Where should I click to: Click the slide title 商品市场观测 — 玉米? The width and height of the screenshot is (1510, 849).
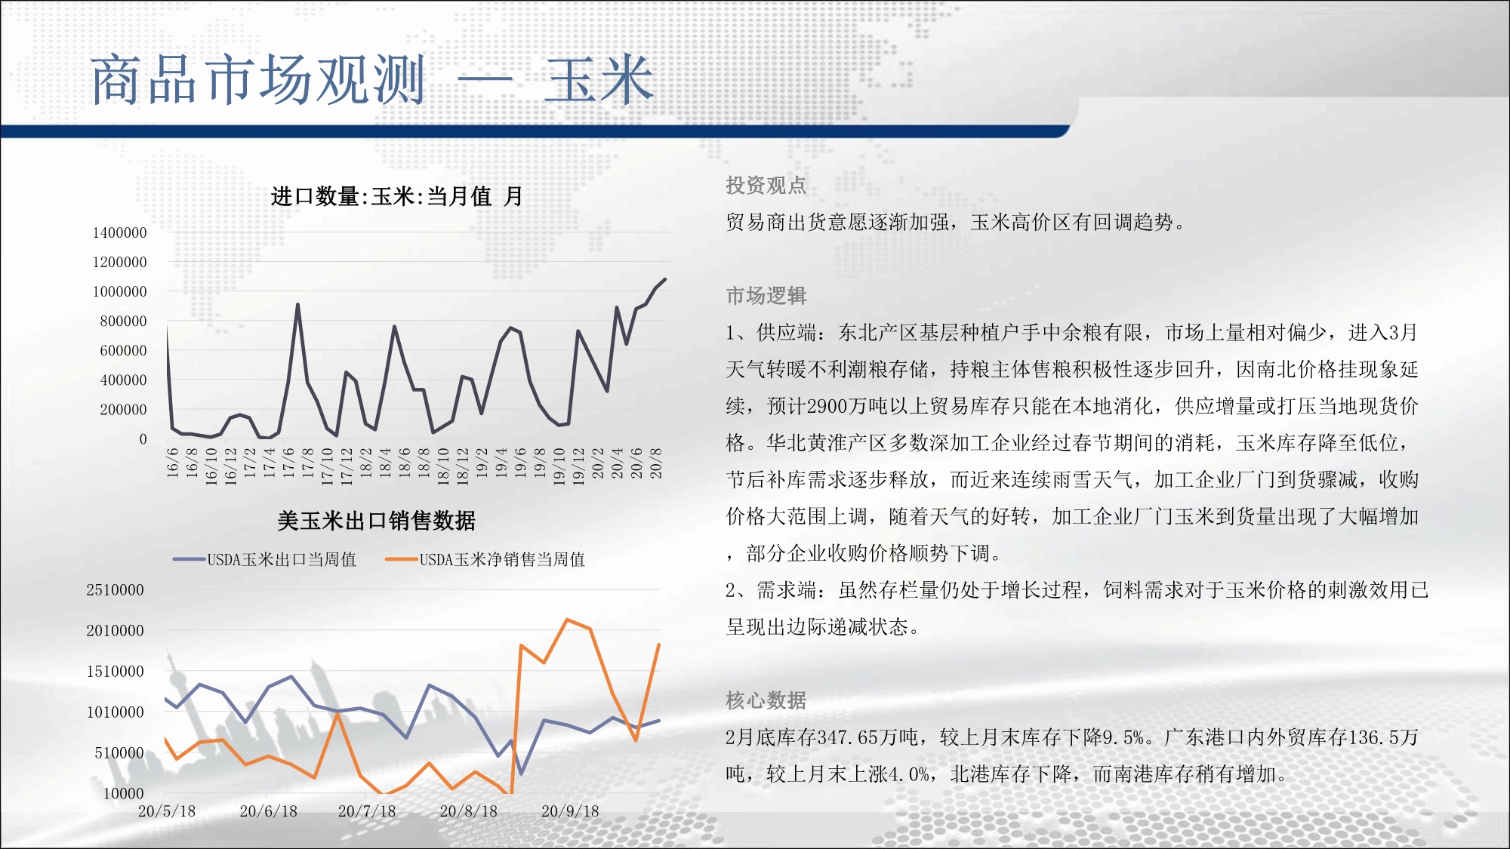point(371,79)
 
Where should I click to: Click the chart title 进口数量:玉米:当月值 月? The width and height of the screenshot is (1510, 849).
point(396,196)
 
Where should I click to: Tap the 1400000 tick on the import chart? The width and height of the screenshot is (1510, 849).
point(119,232)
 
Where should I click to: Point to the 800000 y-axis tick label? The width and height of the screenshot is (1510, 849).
point(123,321)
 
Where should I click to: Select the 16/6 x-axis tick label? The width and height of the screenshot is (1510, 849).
point(172,462)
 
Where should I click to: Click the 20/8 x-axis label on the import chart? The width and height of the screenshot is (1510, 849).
point(656,462)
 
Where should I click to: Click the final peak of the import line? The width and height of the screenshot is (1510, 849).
point(665,279)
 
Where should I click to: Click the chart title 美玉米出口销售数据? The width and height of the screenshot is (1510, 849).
point(376,520)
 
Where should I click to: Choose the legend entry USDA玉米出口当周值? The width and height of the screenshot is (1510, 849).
point(264,559)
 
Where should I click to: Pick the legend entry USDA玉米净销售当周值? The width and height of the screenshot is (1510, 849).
point(485,559)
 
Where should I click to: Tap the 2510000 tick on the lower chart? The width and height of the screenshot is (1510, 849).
point(115,589)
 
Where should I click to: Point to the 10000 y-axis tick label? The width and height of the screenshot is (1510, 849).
point(123,793)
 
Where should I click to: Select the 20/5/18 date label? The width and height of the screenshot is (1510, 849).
point(167,811)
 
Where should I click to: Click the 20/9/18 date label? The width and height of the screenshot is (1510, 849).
point(570,811)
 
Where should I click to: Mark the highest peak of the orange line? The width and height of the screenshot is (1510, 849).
point(567,620)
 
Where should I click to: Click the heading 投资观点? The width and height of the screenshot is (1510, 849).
point(766,185)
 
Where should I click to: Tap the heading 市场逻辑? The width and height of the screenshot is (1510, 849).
point(766,295)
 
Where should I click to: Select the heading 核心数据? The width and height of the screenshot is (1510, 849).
point(766,700)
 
